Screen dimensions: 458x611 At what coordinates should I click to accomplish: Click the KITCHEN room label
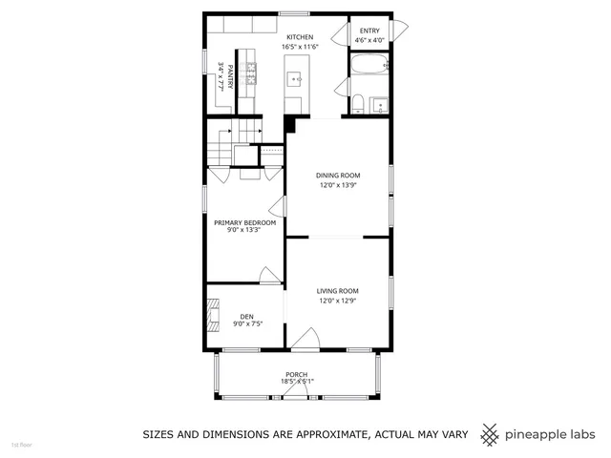pyautogui.click(x=299, y=37)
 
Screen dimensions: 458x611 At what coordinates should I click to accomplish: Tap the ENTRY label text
pyautogui.click(x=369, y=31)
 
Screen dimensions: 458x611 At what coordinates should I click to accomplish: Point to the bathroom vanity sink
pyautogui.click(x=379, y=104)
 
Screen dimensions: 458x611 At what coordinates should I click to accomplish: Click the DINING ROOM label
pyautogui.click(x=338, y=176)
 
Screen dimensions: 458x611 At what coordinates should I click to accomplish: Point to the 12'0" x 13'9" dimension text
pyautogui.click(x=338, y=186)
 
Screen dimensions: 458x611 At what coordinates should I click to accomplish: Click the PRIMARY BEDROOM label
pyautogui.click(x=244, y=222)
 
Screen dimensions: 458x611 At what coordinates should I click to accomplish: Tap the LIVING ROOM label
pyautogui.click(x=337, y=291)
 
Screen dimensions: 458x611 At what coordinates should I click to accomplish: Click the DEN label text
pyautogui.click(x=246, y=316)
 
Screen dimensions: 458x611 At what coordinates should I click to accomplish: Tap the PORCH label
pyautogui.click(x=297, y=374)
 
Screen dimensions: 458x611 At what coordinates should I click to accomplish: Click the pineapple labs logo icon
pyautogui.click(x=490, y=434)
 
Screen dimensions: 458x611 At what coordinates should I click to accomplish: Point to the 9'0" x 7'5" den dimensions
pyautogui.click(x=247, y=324)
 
